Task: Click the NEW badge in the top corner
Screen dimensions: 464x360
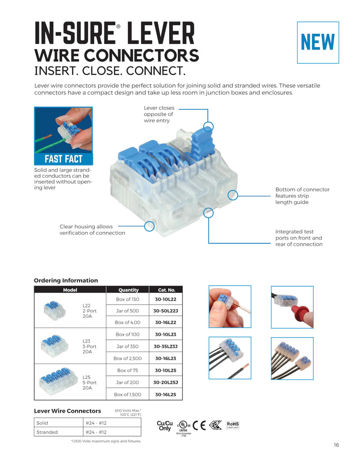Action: coord(318,42)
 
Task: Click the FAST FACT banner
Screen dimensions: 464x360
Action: coord(63,159)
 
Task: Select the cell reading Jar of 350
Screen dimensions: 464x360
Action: coord(127,347)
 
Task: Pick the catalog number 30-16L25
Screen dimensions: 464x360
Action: coord(165,394)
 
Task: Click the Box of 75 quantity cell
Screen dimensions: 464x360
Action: coord(127,370)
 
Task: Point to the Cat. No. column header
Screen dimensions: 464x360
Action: coord(166,290)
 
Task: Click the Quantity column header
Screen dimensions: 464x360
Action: coord(128,290)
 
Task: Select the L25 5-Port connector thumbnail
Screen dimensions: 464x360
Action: coord(55,382)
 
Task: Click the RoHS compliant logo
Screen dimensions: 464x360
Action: coord(233,424)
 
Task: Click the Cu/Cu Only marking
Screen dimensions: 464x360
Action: coord(165,426)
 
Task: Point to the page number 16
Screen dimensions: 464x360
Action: coord(336,445)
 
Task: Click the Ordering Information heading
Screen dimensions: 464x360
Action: coord(66,280)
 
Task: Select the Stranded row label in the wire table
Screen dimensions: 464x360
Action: coord(47,432)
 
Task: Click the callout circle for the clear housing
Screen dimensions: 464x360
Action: coord(149,226)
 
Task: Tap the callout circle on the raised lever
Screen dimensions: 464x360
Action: coord(208,126)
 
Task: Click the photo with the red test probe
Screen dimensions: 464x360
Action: coord(292,306)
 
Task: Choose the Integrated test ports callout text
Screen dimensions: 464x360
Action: coord(299,238)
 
